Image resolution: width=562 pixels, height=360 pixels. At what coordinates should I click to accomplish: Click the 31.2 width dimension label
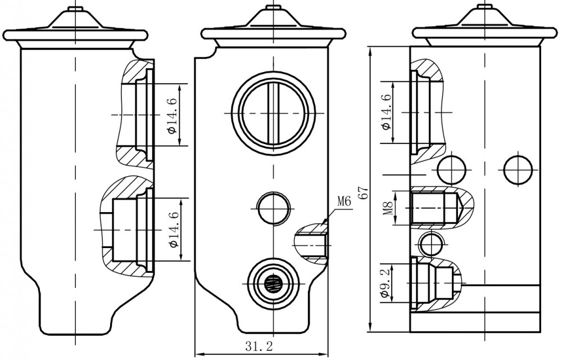point(259,346)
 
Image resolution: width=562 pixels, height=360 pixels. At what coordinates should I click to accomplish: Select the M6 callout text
point(343,201)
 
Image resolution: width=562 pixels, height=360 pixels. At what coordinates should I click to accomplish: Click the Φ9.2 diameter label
point(384,283)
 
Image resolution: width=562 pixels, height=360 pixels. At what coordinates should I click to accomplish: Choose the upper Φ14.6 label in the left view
point(173,115)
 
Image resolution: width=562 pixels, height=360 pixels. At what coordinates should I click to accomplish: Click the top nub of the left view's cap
point(76,8)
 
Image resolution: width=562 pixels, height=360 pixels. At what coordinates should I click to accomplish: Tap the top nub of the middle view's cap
point(274,7)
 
